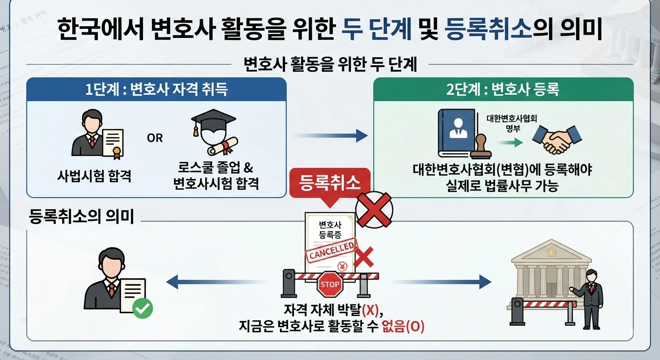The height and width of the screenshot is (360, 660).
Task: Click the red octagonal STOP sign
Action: click(x=330, y=284)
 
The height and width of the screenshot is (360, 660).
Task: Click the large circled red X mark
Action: click(x=374, y=210)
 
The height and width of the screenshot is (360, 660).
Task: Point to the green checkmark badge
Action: click(x=142, y=308)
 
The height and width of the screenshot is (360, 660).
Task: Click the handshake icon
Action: click(x=557, y=140)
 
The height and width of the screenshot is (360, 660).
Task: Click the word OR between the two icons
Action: click(x=155, y=138)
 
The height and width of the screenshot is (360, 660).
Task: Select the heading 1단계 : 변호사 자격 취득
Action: click(x=157, y=89)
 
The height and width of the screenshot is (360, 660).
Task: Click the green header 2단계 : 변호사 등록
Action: click(x=502, y=89)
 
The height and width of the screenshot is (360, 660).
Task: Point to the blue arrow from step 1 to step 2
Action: click(x=330, y=135)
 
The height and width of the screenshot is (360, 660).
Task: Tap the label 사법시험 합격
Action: click(x=94, y=176)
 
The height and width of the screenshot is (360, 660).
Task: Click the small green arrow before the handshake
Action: click(x=510, y=142)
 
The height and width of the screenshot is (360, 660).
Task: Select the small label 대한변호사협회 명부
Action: click(x=512, y=123)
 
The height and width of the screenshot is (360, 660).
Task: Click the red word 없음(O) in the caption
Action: click(x=403, y=326)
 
